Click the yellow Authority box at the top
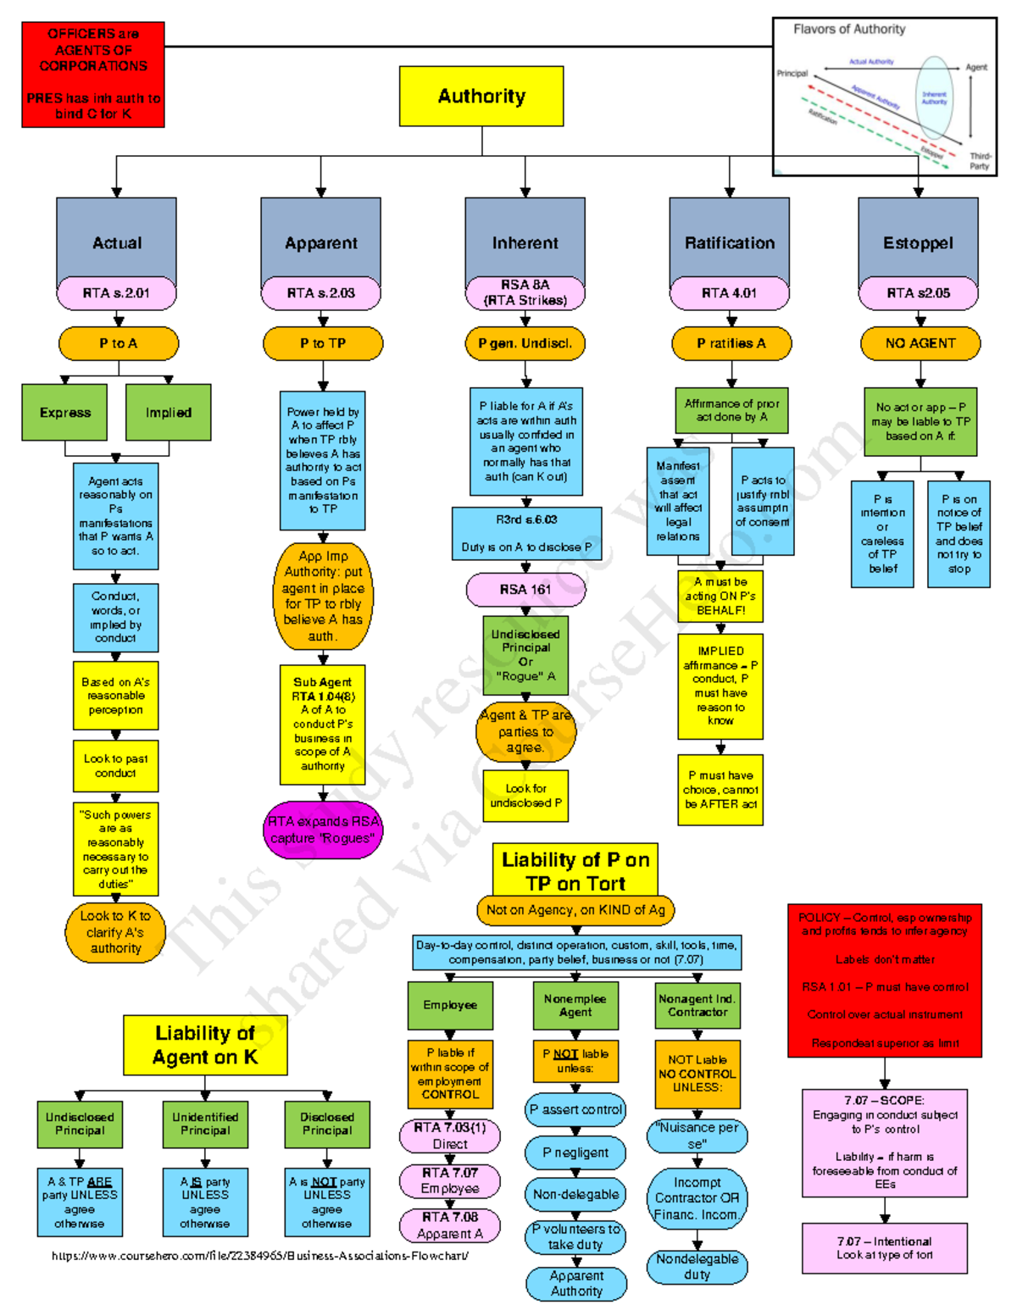481,97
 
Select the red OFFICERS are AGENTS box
93,75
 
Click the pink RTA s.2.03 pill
321,293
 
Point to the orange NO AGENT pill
920,343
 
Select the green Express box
65,413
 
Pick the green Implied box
168,413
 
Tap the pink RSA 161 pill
525,589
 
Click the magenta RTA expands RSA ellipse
323,830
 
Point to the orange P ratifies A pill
731,343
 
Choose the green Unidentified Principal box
205,1124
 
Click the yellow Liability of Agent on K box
205,1045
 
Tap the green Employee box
450,1005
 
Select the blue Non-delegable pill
575,1195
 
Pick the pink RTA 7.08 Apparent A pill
450,1225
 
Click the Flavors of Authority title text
849,29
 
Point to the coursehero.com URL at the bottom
260,1256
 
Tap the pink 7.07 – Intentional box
885,1248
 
